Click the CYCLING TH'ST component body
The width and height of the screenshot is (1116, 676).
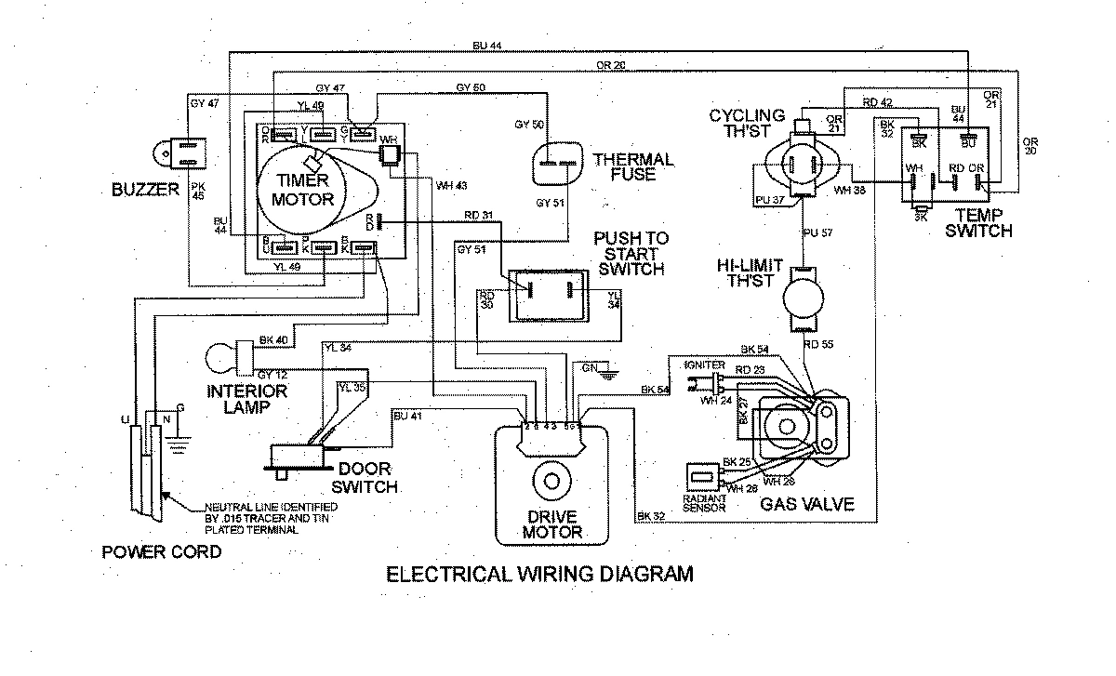pyautogui.click(x=801, y=166)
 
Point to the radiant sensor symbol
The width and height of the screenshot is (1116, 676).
pyautogui.click(x=704, y=477)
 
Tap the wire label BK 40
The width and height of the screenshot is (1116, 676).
pyautogui.click(x=274, y=340)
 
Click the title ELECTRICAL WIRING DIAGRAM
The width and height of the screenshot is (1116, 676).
pyautogui.click(x=539, y=574)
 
